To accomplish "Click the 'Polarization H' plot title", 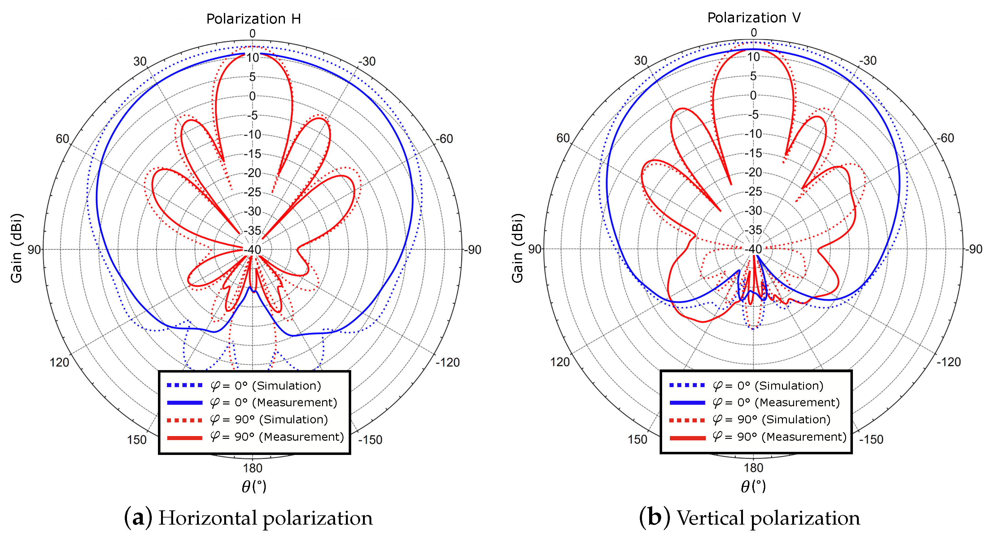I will [253, 19].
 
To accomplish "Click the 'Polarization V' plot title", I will [754, 18].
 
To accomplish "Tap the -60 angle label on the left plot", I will [444, 139].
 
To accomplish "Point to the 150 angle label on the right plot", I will [637, 439].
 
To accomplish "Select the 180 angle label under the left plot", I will [252, 468].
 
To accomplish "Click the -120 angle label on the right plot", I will [948, 362].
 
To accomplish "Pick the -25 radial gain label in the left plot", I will [252, 192].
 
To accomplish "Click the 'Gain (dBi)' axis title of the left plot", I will [16, 248].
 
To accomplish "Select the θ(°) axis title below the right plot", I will [753, 487].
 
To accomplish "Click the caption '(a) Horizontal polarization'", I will [248, 518].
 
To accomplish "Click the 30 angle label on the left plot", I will [140, 61].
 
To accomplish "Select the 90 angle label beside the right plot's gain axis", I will [535, 249].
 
